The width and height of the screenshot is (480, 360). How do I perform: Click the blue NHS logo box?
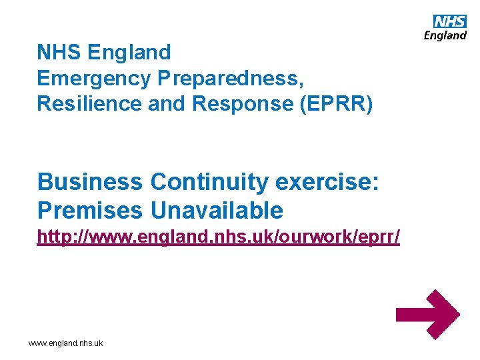pos(450,21)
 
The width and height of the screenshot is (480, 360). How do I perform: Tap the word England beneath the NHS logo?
pos(445,35)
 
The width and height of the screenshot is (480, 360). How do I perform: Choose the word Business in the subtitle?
pos(90,181)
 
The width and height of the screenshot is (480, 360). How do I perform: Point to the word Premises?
pos(90,211)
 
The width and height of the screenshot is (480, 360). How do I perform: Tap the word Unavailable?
pos(216,211)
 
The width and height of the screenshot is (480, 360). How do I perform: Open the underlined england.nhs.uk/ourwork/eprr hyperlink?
pos(218,237)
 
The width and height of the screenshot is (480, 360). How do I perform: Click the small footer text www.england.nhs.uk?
pos(65,343)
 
